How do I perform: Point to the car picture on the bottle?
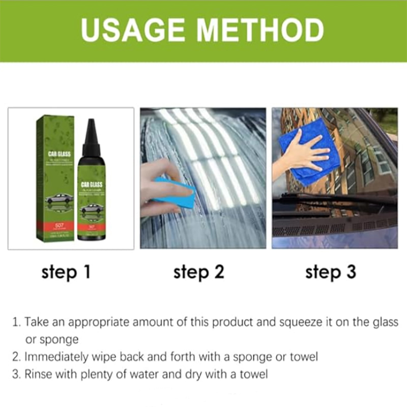coord(92,208)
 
